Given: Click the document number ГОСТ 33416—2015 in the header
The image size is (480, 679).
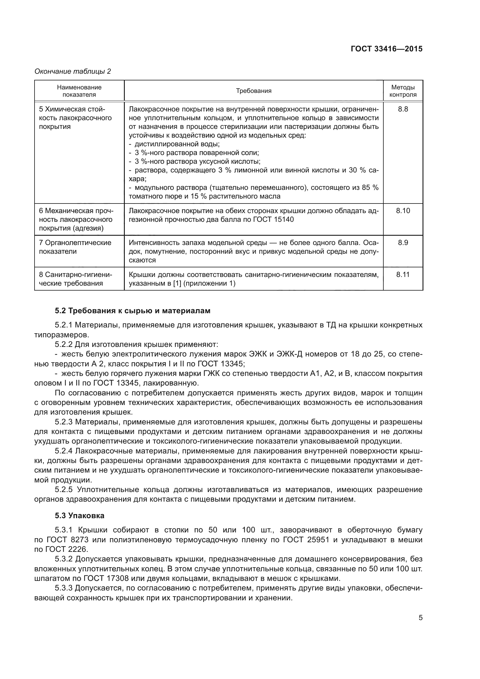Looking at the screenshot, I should coord(386,49).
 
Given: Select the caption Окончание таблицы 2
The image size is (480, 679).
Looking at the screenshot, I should coord(73,71).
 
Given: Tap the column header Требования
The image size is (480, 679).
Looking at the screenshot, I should coord(254,91).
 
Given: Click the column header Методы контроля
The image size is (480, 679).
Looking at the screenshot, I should coord(403,91).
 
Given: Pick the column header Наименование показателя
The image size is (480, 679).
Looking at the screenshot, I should coord(79,91).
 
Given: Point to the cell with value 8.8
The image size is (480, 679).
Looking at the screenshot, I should coord(403,109).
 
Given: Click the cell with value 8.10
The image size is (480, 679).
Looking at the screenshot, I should coord(403,210).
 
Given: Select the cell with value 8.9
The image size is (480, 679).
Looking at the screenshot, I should coord(403,242).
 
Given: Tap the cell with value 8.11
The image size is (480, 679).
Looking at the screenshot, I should coord(403,274).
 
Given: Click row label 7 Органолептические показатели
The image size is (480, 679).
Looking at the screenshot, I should coord(75,247).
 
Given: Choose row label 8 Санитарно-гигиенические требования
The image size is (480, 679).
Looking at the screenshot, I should coord(75,279).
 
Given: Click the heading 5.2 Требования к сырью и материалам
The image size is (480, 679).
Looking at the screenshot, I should coord(133,311).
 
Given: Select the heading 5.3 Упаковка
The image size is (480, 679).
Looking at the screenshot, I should coord(80,516).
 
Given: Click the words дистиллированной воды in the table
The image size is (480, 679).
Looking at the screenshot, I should coord(177,144).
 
